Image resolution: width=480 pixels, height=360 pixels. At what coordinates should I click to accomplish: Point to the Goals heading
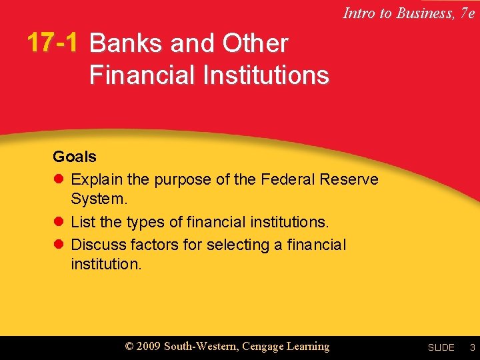75,157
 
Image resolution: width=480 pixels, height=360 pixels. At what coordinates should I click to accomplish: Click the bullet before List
58,221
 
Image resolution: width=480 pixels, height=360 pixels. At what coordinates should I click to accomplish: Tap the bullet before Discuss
58,245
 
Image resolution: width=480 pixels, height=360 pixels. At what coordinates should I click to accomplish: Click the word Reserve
349,180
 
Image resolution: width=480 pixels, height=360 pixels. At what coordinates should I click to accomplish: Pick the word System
99,199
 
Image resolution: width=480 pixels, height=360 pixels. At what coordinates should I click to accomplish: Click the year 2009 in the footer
147,346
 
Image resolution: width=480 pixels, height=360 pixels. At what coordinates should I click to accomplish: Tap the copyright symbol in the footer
130,347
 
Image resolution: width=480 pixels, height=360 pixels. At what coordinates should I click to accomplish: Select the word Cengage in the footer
264,347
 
